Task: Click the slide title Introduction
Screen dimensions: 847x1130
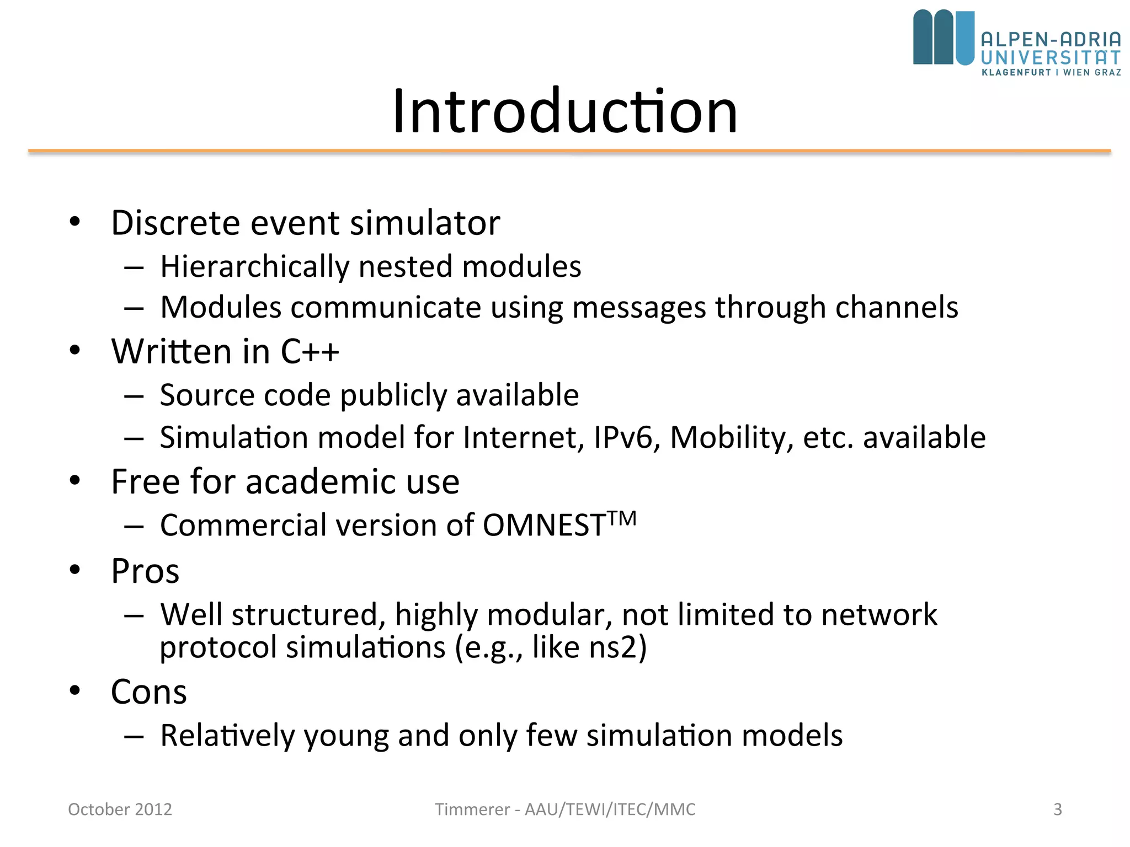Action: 564,111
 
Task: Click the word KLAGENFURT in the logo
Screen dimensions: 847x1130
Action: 1016,72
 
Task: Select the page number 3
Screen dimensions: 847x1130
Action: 1057,809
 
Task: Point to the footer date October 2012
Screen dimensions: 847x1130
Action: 120,809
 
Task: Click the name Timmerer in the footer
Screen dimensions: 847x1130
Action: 472,809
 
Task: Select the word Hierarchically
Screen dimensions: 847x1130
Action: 254,267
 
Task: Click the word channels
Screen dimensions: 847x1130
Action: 897,307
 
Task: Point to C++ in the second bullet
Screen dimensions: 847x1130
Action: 310,351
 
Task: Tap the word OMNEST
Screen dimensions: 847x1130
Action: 545,525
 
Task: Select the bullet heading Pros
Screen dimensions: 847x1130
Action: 145,571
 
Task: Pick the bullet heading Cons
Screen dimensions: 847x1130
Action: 149,692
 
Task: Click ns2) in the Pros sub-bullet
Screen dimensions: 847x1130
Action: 617,647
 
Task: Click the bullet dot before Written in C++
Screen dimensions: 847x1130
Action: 75,350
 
